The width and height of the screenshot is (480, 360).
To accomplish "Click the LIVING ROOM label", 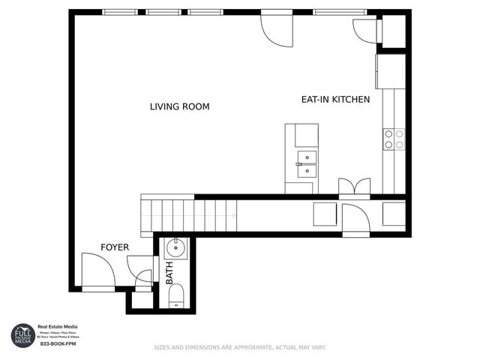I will click(179, 107).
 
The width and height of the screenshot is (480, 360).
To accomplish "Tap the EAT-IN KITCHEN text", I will click(335, 99).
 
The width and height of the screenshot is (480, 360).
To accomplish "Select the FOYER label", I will click(115, 247).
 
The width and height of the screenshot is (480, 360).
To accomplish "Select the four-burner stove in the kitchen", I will click(394, 139).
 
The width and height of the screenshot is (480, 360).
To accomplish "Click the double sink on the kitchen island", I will click(306, 164).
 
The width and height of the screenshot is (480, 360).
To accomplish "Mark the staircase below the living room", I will click(187, 216).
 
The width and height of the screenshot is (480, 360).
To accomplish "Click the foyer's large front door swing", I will click(96, 270).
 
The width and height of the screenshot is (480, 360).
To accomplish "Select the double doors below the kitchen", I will click(354, 187).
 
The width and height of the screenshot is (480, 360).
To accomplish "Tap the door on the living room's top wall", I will click(275, 28).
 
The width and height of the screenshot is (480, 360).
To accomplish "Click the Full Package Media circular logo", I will click(22, 334).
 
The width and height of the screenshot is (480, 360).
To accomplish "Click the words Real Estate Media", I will click(58, 327).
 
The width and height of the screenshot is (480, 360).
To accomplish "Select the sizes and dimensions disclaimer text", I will click(239, 347).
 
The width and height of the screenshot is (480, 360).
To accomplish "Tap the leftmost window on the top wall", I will click(120, 12).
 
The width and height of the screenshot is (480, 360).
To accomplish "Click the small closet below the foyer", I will click(139, 300).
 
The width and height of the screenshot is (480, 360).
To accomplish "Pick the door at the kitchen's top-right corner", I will click(367, 30).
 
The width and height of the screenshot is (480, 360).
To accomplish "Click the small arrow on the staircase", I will click(235, 216).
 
